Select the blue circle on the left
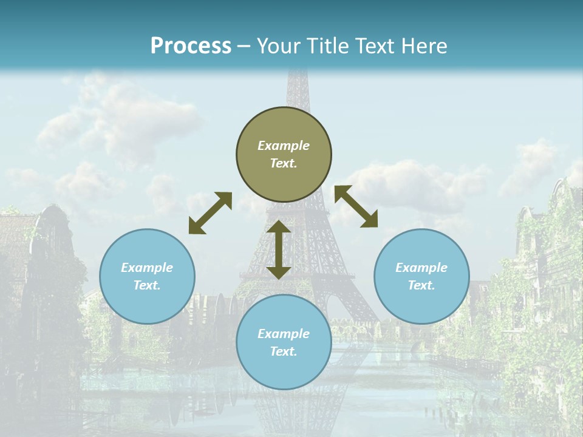pyautogui.click(x=147, y=276)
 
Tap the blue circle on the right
pyautogui.click(x=421, y=276)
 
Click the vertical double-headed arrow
pyautogui.click(x=279, y=249)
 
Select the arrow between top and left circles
pyautogui.click(x=210, y=213)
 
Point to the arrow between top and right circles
pyautogui.click(x=356, y=206)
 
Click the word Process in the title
pyautogui.click(x=191, y=46)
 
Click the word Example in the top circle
pyautogui.click(x=284, y=146)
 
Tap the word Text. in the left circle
pyautogui.click(x=147, y=285)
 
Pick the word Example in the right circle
pyautogui.click(x=421, y=268)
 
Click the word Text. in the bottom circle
pyautogui.click(x=284, y=351)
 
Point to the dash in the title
pyautogui.click(x=244, y=46)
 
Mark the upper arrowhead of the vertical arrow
pyautogui.click(x=279, y=228)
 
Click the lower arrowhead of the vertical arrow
pyautogui.click(x=279, y=271)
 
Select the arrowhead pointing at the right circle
pyautogui.click(x=370, y=220)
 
